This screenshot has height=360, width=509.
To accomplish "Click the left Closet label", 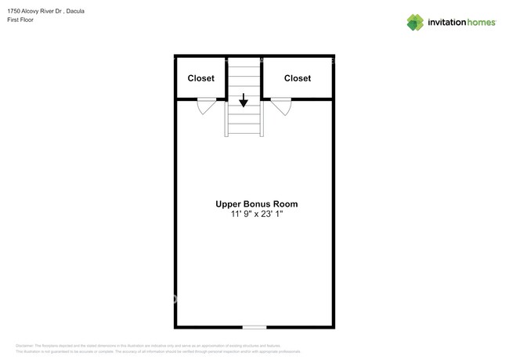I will coord(201,78).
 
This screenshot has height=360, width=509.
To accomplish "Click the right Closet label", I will coord(297,78).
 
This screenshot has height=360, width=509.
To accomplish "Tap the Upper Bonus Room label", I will coord(256,204).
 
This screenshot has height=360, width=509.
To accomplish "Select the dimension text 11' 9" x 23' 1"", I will coord(256,215).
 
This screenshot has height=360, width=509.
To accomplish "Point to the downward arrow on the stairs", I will coord(244,100).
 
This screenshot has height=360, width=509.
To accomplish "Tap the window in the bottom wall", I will coord(254,326).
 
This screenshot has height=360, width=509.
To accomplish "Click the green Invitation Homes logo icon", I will coord(415,22).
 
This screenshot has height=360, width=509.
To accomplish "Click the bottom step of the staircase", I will coord(244,131).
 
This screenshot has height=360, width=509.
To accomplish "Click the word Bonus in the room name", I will coord(255,204).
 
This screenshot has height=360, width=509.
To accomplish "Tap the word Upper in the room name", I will coord(228,204).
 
